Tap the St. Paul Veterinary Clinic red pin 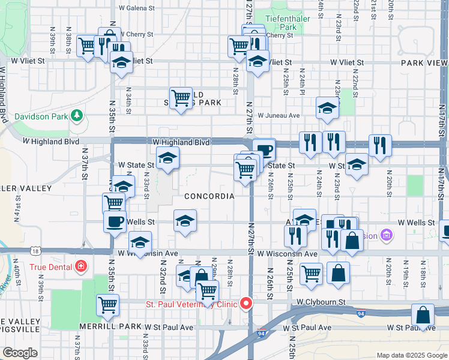coord(246,304)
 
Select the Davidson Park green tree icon coord(76,115)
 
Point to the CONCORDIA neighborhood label coord(209,196)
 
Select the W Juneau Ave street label coord(279,115)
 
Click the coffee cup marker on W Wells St coord(114,222)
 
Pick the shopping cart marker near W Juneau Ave coord(181,97)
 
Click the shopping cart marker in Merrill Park coord(108,305)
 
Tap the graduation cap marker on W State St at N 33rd coord(167,158)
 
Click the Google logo coord(20,353)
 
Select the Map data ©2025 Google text coord(411,355)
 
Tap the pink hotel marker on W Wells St coord(385,235)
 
